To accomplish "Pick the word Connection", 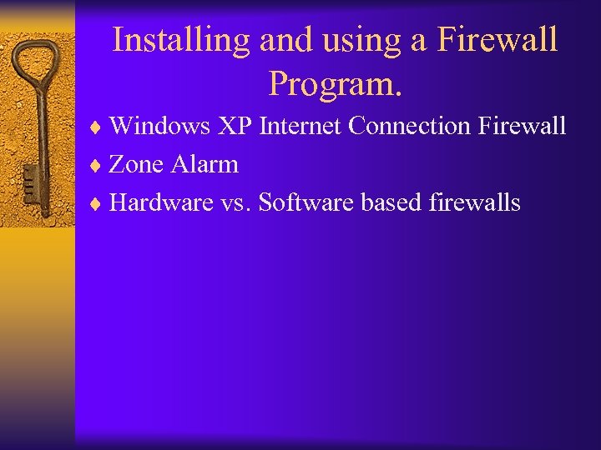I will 411,126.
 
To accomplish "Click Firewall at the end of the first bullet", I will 523,126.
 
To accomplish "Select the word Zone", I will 138,164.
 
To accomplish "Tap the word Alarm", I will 205,164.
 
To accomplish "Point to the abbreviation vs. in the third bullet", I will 236,202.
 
